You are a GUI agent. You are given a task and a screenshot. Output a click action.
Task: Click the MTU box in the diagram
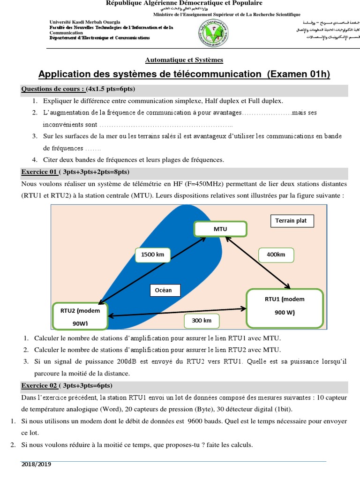tap(220, 229)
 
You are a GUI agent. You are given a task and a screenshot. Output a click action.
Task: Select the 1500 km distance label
tap(152, 255)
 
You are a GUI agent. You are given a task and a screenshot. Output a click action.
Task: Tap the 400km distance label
tap(276, 255)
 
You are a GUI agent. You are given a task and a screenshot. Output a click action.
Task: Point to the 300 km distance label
tap(198, 321)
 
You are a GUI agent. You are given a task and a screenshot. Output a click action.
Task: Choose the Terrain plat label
tap(291, 221)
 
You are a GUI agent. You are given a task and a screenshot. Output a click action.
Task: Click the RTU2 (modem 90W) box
tap(80, 316)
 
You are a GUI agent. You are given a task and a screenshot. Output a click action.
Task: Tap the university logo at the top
tap(212, 33)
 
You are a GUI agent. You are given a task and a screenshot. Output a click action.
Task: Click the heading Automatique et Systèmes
tap(184, 60)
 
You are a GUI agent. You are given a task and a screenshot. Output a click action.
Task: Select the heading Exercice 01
tap(39, 172)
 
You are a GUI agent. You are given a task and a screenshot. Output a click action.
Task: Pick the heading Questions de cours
tap(53, 89)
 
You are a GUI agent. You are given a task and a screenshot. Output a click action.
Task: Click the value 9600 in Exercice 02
tap(195, 421)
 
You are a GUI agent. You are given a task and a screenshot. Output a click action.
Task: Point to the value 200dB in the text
tap(127, 361)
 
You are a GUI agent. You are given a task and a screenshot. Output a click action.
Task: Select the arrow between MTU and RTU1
tap(258, 261)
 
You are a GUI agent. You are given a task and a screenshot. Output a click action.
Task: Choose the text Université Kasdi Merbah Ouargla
tap(85, 22)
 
